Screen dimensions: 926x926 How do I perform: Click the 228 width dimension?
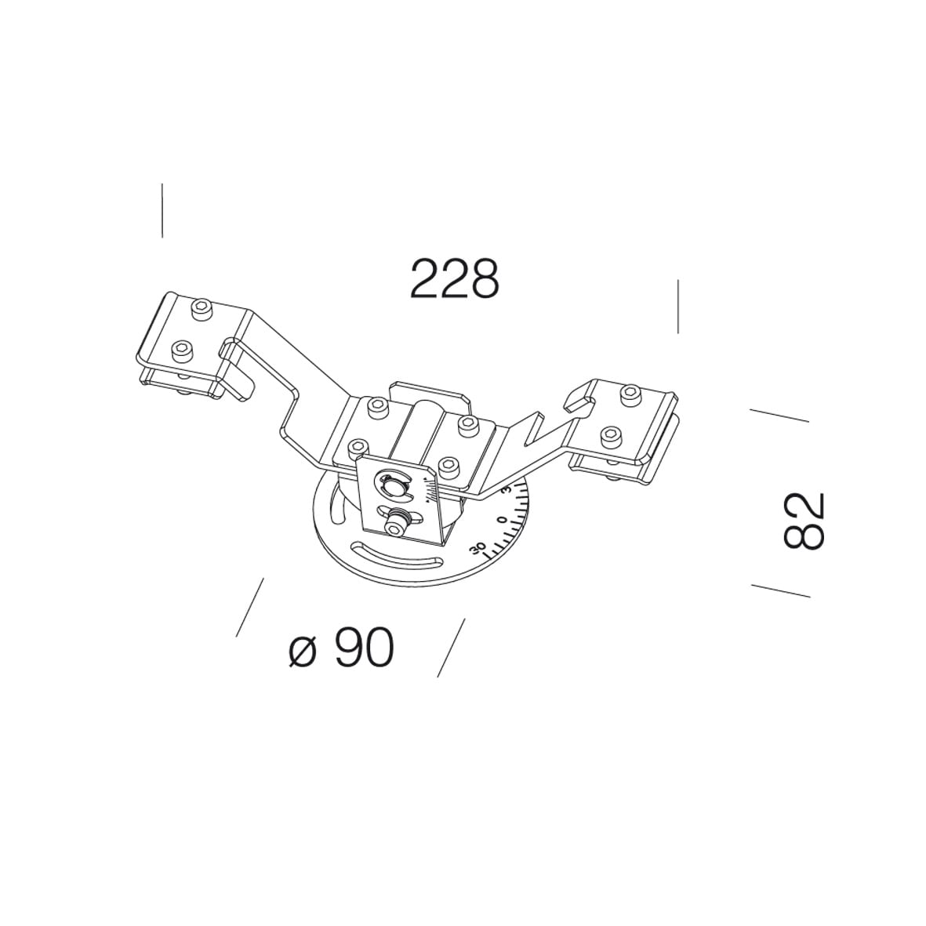point(454,278)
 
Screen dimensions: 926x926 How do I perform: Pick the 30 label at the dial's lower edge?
point(477,547)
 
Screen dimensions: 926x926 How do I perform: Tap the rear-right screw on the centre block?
point(468,424)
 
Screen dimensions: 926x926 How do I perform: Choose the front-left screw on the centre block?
point(358,447)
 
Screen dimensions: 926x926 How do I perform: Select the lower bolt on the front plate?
point(398,522)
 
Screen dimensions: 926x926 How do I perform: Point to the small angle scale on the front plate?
point(427,491)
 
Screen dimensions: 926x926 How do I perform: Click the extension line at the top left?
point(162,210)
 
